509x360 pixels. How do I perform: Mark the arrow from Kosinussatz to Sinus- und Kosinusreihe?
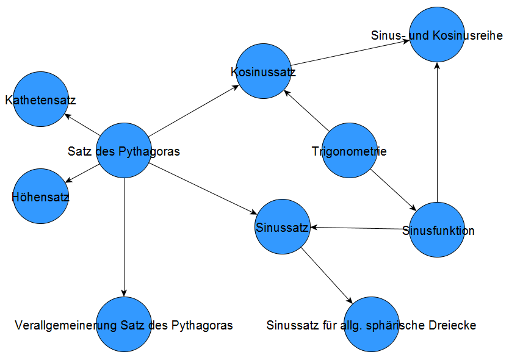351,54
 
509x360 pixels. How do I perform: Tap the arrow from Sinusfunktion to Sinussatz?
360,228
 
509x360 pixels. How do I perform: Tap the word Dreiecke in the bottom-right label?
453,325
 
